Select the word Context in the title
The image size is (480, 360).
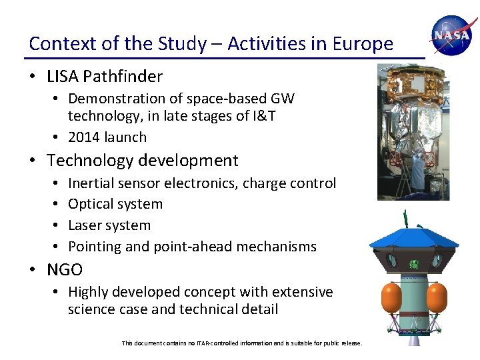[x=57, y=44]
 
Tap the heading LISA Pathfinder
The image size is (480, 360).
[x=105, y=76]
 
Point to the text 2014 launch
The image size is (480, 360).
[x=107, y=137]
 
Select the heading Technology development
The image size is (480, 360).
[x=142, y=161]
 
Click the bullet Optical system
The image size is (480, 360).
[x=115, y=204]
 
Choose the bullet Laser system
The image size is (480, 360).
[x=109, y=225]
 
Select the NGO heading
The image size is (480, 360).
[x=65, y=270]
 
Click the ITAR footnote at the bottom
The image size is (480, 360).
[x=242, y=343]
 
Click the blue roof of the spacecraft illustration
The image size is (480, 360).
[x=413, y=237]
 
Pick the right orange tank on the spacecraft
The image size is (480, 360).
[x=437, y=297]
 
